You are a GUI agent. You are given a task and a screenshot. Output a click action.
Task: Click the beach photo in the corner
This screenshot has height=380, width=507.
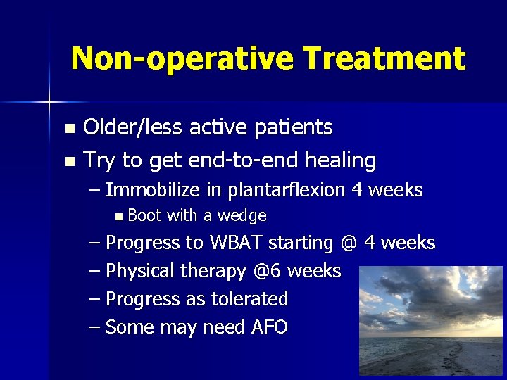click(430, 321)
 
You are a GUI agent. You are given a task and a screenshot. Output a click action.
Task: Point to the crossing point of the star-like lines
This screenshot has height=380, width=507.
click(49, 103)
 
